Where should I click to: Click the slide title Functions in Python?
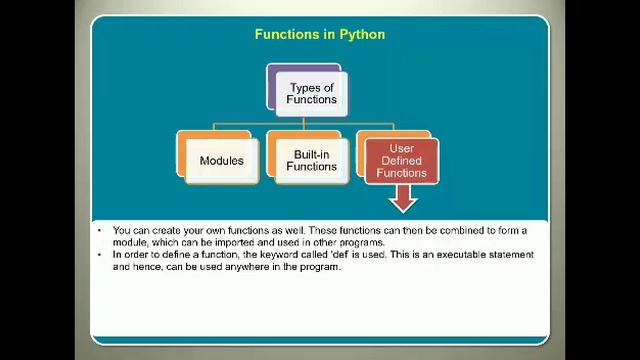(x=319, y=34)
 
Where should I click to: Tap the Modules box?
(x=221, y=161)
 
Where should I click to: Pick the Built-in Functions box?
(x=311, y=161)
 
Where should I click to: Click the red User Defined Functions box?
(x=401, y=161)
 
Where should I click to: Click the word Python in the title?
(x=363, y=34)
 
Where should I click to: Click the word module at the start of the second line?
(x=130, y=243)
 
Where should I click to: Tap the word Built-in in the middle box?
(x=311, y=155)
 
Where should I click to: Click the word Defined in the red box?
(x=401, y=161)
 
